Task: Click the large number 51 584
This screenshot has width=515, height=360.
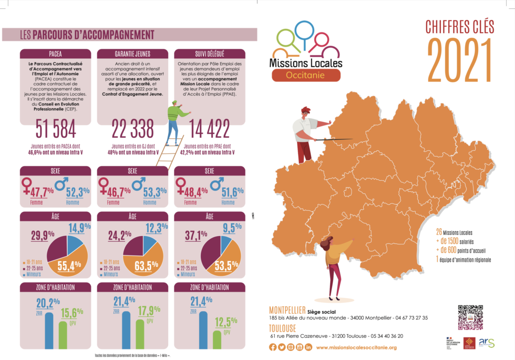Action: (56, 129)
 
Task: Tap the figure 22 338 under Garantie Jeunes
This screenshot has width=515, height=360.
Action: (133, 129)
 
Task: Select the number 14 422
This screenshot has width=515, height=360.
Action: (210, 129)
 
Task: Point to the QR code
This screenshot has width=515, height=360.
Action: (470, 316)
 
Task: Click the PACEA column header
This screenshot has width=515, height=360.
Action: (56, 54)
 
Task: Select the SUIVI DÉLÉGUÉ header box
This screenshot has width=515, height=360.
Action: (210, 54)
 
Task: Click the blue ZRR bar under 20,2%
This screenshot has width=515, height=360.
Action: (49, 331)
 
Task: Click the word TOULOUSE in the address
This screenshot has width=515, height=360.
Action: (282, 327)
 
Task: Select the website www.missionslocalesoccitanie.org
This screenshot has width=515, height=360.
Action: (356, 347)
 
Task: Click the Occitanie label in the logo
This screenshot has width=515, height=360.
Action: (305, 75)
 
